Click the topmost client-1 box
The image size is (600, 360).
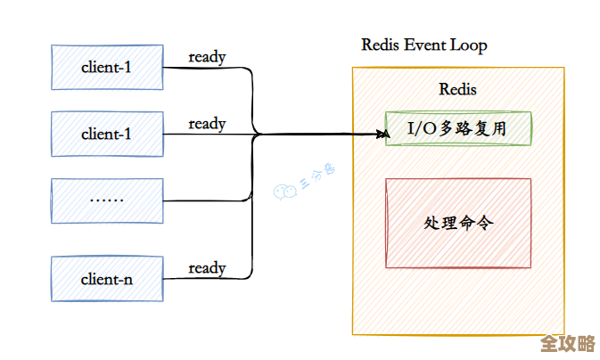tap(107, 67)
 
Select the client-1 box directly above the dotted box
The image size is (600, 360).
tap(107, 134)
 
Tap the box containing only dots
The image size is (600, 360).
tap(107, 200)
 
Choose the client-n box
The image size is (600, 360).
tap(107, 279)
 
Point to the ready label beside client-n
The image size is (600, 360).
tap(207, 268)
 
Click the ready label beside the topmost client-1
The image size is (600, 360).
tap(207, 57)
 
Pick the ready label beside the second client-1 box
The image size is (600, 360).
tap(207, 124)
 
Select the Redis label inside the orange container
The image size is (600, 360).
tap(457, 89)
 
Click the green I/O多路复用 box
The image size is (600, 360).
tap(457, 128)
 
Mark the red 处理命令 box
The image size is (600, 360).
tap(457, 222)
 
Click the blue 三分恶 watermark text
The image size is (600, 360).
tap(317, 179)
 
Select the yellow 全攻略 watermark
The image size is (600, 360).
tap(567, 344)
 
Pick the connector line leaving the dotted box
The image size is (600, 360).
tap(205, 200)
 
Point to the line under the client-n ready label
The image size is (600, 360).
tap(207, 279)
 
